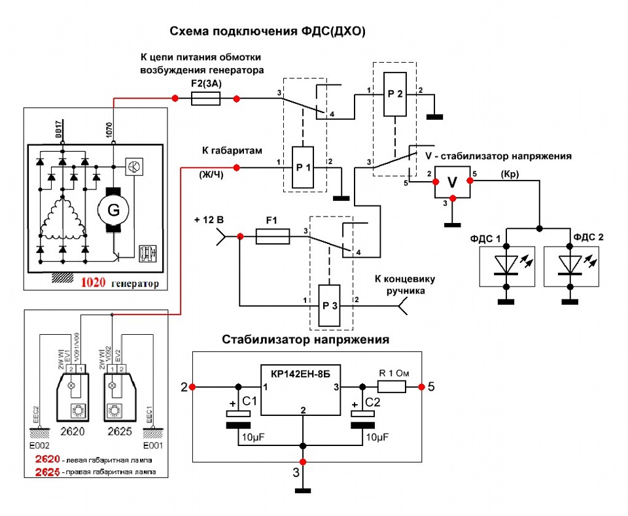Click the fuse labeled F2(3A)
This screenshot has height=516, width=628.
[x=205, y=99]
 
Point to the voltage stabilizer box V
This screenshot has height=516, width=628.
[x=452, y=185]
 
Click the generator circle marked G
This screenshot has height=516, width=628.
[x=113, y=209]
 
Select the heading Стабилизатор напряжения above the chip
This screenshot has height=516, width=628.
[x=305, y=339]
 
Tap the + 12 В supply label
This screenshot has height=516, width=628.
[x=210, y=219]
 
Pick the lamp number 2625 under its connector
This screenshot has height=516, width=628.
[x=117, y=432]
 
